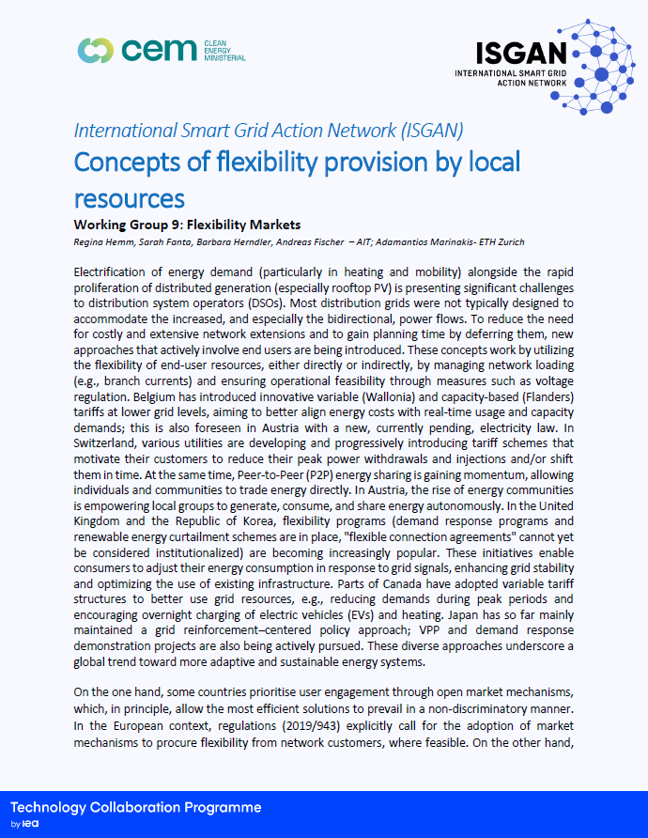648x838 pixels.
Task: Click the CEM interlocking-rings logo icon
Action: tap(97, 50)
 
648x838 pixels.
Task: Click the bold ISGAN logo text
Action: tap(522, 53)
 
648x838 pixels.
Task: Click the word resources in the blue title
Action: tap(129, 198)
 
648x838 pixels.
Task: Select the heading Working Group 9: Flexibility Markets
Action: tap(187, 225)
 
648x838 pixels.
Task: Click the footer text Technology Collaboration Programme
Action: tap(135, 808)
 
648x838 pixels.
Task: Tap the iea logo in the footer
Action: tap(37, 823)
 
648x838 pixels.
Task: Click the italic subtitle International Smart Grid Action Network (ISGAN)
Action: tap(268, 130)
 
